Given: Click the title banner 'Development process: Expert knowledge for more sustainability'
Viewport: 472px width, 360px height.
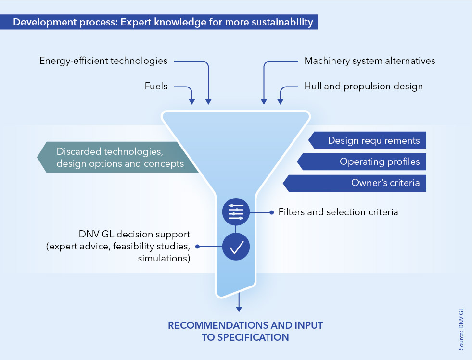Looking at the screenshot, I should click(159, 22).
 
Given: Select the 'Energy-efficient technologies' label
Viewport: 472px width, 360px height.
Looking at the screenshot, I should click(103, 61).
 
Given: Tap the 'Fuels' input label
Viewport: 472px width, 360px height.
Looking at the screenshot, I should click(156, 87).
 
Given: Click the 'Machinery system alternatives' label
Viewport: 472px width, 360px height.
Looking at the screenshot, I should click(370, 61).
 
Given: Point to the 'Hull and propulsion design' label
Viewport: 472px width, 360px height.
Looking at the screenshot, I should click(363, 87).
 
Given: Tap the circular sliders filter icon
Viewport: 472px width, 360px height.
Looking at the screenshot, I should click(236, 211).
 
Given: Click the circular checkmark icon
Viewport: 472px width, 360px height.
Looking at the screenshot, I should click(236, 247).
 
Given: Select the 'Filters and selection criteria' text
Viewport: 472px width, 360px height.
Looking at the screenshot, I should click(338, 211).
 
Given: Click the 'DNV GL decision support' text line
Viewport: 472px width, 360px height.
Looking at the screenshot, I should click(135, 235).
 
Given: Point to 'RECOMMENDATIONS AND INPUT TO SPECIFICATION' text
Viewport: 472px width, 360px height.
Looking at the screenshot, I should click(245, 331).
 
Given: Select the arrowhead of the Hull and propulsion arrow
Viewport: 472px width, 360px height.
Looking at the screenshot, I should click(280, 101).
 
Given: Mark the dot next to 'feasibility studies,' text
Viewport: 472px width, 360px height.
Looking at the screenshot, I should click(197, 247).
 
